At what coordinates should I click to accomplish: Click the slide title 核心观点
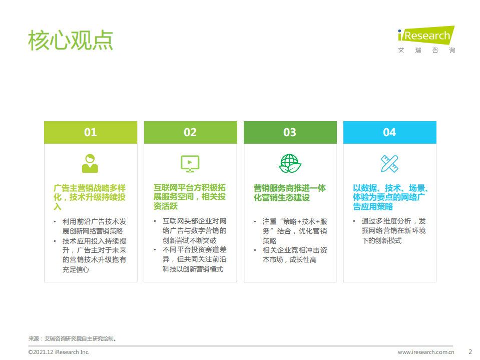(71, 40)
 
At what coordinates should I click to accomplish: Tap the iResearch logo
(426, 39)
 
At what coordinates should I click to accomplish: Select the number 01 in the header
(90, 132)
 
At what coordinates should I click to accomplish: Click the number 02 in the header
(190, 132)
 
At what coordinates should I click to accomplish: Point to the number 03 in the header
(290, 132)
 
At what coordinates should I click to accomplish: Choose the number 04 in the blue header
(389, 132)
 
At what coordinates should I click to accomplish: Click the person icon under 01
(90, 163)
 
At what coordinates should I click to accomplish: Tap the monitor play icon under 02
(190, 163)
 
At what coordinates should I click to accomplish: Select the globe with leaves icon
(290, 163)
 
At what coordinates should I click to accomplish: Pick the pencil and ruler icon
(389, 163)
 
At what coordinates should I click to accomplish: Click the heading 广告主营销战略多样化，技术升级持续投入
(90, 197)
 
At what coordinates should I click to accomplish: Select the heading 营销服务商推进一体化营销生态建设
(290, 193)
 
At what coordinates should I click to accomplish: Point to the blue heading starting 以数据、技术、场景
(389, 197)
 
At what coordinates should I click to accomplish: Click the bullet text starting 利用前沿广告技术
(94, 226)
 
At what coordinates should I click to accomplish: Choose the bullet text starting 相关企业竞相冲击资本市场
(294, 255)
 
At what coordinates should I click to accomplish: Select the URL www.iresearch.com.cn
(425, 352)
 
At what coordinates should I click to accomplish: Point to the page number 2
(470, 351)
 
